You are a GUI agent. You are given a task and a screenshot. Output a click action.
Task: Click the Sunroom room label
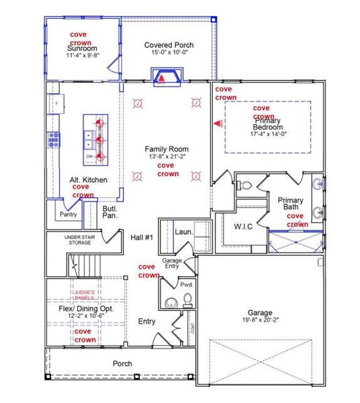[83, 48]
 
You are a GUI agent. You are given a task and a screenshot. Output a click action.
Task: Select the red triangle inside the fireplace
[161, 78]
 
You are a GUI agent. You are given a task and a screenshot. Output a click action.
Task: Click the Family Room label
[167, 148]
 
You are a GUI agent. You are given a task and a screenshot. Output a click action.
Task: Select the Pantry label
[69, 215]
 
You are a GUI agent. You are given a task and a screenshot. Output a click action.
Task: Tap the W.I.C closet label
[243, 226]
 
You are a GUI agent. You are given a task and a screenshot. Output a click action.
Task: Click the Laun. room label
[184, 232]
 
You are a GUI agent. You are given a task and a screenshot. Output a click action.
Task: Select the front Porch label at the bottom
[122, 363]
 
